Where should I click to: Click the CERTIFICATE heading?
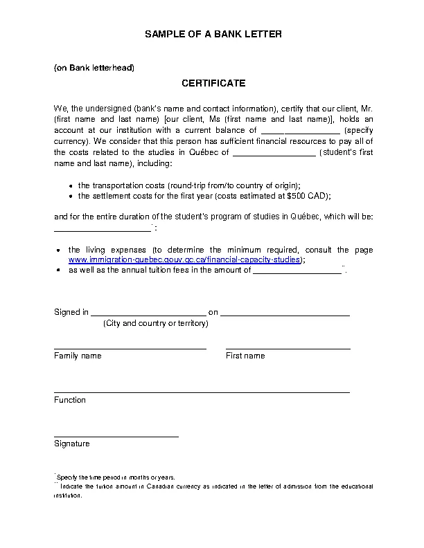coord(213,84)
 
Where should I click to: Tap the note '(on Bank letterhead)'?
coord(94,68)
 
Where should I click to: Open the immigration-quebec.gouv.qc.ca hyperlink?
coord(185,259)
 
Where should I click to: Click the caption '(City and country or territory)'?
coord(155,324)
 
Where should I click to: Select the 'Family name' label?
coord(78,356)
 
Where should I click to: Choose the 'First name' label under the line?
coord(245,356)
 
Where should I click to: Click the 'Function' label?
coord(70,400)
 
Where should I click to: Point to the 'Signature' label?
coord(72,444)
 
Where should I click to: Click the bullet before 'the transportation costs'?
coord(72,186)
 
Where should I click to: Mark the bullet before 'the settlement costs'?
coord(72,197)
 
